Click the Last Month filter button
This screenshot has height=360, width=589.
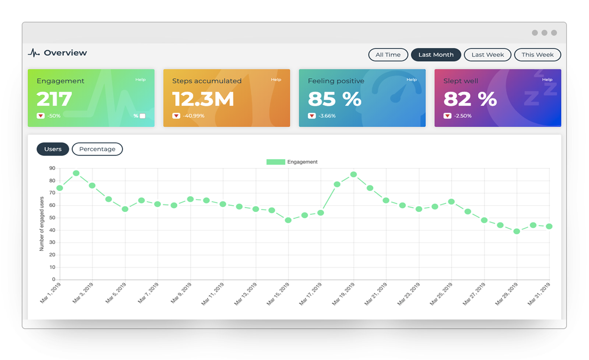(x=436, y=54)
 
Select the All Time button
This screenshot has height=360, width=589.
(x=388, y=54)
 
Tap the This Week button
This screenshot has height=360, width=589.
(x=537, y=54)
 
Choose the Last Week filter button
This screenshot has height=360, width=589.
(x=487, y=54)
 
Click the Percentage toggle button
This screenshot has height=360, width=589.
(x=97, y=149)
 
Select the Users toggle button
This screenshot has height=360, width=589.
(x=53, y=149)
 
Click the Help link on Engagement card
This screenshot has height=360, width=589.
(x=140, y=80)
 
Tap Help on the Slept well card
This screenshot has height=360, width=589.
(x=547, y=80)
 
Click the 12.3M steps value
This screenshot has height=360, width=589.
(x=203, y=99)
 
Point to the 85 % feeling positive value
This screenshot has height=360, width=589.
(x=334, y=99)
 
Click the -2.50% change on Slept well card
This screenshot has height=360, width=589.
(x=462, y=116)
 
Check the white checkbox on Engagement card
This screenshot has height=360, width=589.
(x=142, y=116)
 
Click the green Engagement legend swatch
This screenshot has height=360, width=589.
(x=276, y=162)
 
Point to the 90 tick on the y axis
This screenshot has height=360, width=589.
(x=52, y=168)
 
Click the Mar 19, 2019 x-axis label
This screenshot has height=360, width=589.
(x=343, y=293)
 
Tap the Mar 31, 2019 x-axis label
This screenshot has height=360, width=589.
(x=539, y=293)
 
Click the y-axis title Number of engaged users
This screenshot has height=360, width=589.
(x=42, y=224)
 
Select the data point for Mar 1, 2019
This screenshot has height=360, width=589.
(x=60, y=188)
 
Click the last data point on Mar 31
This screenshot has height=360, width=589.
(x=549, y=226)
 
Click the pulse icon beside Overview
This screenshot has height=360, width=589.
(x=33, y=53)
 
